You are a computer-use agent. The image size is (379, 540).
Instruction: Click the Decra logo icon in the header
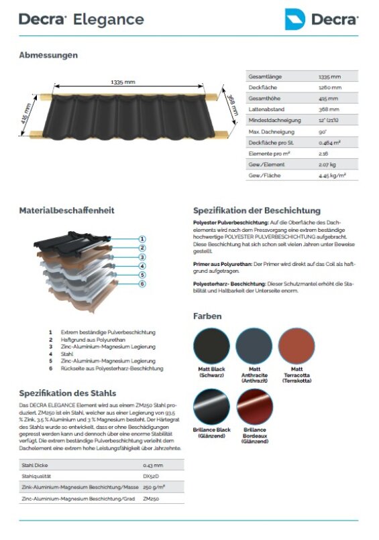(x=294, y=19)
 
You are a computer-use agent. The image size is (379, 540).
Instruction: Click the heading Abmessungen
(x=48, y=55)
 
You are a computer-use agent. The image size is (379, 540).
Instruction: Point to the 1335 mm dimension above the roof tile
(x=123, y=82)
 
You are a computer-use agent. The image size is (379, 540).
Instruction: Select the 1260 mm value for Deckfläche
(x=330, y=87)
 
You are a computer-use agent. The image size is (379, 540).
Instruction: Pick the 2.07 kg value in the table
(x=327, y=164)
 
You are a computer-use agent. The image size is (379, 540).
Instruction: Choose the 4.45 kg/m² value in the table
(x=333, y=176)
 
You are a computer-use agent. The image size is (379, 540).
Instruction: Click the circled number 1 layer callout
(x=142, y=238)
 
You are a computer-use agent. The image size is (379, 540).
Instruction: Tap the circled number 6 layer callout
(x=142, y=283)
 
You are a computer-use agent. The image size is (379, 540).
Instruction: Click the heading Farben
(x=207, y=316)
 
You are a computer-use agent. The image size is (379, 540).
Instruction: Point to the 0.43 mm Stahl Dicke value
(x=152, y=465)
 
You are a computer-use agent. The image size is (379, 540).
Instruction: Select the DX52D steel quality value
(x=150, y=476)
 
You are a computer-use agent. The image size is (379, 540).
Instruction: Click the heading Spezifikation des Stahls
(x=67, y=393)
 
